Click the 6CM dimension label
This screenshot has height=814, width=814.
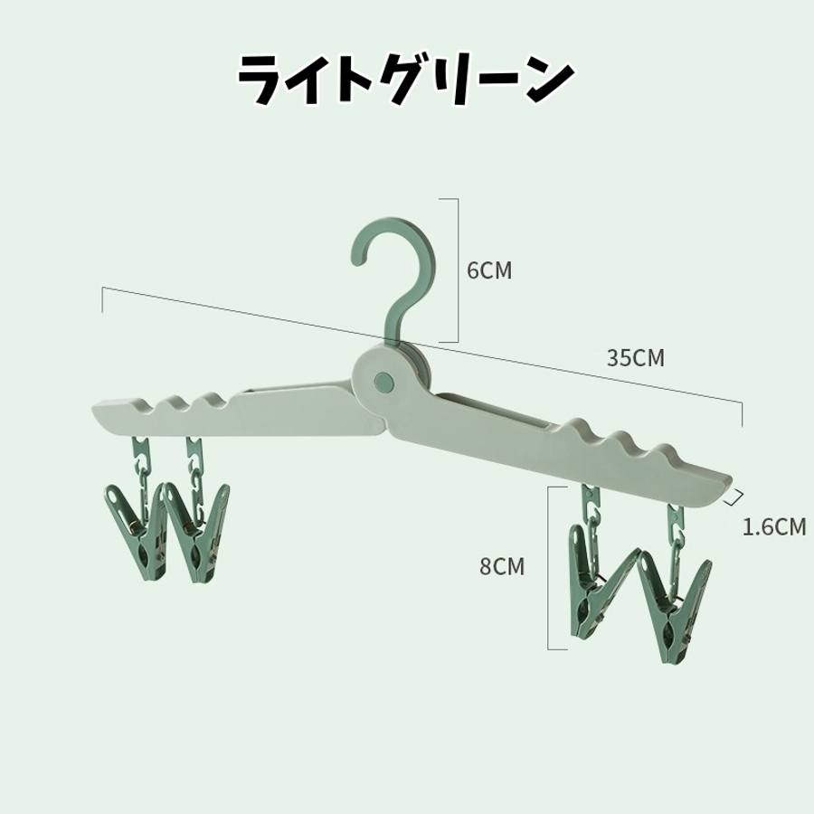(489, 270)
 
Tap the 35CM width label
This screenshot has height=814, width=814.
(635, 357)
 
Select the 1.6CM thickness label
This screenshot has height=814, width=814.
(773, 526)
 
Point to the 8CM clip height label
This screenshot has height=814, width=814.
(502, 567)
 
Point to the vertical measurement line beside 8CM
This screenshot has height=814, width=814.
(549, 567)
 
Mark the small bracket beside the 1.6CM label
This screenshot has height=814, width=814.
(737, 495)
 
